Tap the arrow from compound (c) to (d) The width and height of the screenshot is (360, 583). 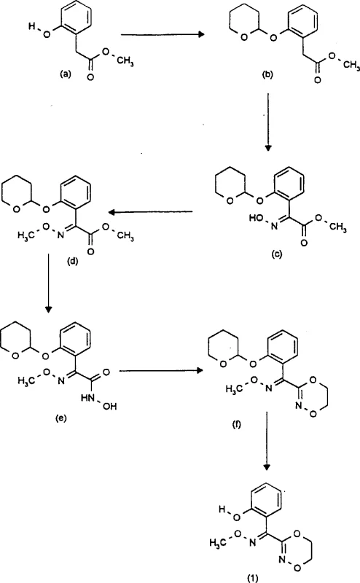coord(151,212)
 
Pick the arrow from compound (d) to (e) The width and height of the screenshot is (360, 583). coord(48,284)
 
